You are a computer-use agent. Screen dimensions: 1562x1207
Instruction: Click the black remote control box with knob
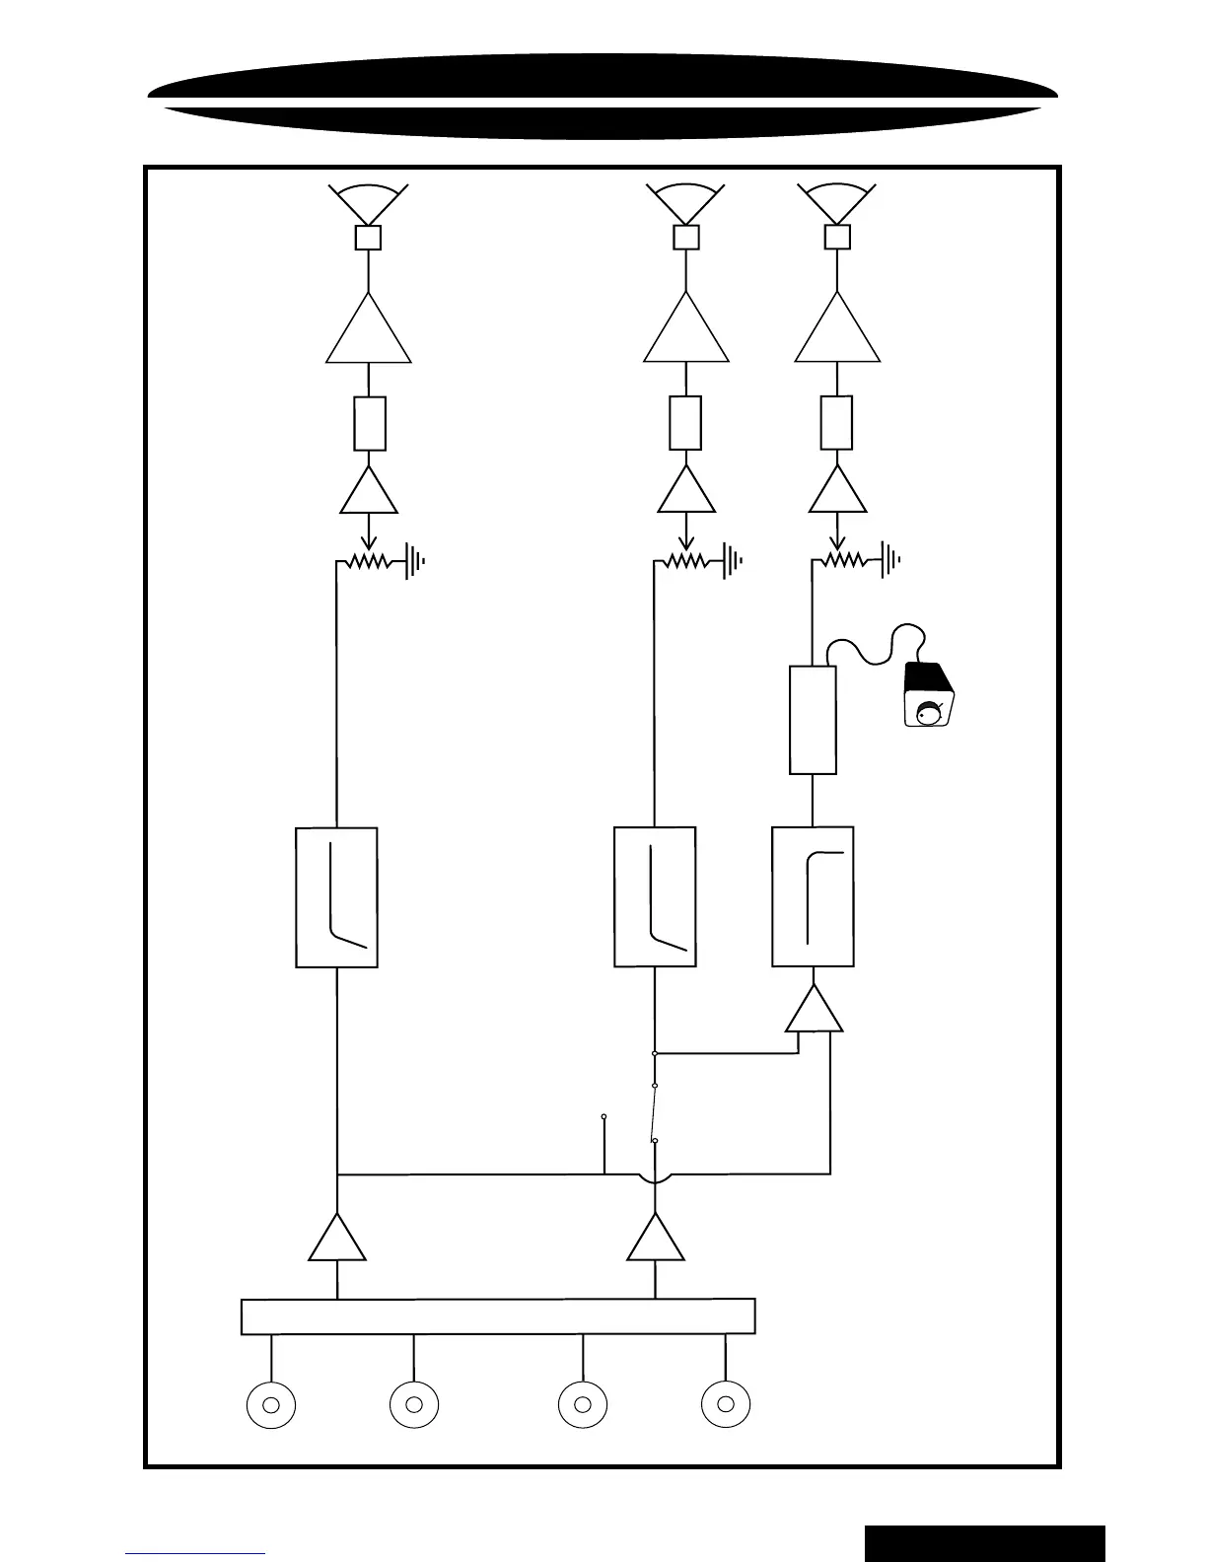click(x=929, y=694)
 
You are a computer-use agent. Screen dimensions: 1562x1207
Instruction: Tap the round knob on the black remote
click(x=928, y=713)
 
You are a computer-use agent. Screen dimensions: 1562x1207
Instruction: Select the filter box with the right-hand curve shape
click(x=813, y=896)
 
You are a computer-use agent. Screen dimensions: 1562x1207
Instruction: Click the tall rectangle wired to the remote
click(x=814, y=720)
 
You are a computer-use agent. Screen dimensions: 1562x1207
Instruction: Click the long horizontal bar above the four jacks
click(x=498, y=1316)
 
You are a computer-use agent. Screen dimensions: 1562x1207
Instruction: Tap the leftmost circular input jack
click(x=271, y=1404)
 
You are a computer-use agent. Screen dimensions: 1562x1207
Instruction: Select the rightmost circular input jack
click(x=726, y=1404)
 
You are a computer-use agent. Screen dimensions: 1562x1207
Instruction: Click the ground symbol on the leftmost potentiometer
click(x=415, y=562)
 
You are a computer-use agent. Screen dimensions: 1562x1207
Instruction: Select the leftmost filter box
click(x=336, y=896)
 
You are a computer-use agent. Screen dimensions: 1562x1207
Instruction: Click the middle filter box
click(x=655, y=896)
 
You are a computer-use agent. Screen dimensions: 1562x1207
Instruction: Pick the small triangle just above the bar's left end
click(x=337, y=1241)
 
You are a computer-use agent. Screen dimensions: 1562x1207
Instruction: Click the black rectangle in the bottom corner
click(x=984, y=1542)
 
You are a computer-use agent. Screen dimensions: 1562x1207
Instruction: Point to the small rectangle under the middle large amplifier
click(x=685, y=423)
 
